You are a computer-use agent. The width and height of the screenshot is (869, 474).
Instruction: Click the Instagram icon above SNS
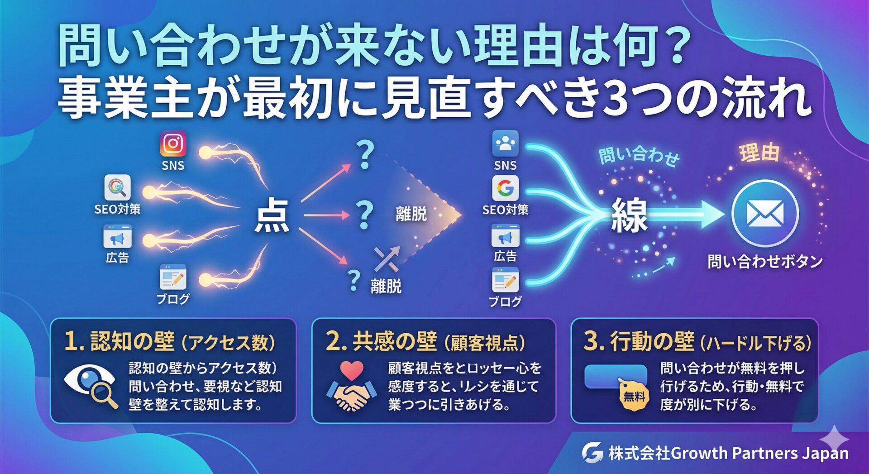[173, 144]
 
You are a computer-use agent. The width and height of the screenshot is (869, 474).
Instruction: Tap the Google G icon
[505, 188]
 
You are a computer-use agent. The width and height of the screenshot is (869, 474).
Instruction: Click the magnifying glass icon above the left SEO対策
[117, 187]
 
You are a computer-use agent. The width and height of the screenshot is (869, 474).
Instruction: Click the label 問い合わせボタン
[765, 261]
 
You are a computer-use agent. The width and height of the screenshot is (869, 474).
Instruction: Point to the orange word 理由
[759, 153]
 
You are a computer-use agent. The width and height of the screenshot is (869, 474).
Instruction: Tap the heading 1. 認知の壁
[119, 341]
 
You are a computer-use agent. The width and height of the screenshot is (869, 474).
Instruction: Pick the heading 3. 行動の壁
[638, 341]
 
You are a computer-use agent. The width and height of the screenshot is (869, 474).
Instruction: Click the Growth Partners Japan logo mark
[592, 452]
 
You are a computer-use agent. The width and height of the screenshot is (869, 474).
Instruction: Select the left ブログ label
[173, 299]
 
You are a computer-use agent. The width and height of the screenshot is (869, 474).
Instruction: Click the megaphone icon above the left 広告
[117, 238]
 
